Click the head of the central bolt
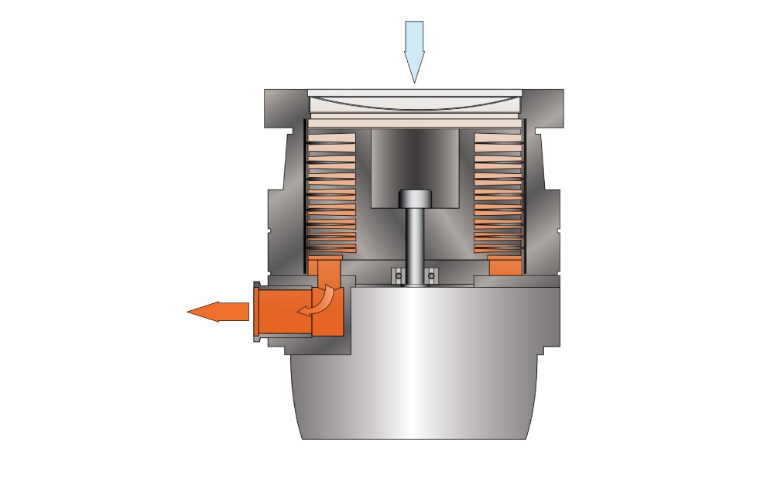pos(415,199)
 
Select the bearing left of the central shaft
pos(398,274)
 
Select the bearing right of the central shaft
pos(432,274)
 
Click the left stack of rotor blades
pos(332,193)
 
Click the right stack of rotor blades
pos(498,193)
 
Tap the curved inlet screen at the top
pos(415,101)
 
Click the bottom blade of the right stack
pos(498,248)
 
